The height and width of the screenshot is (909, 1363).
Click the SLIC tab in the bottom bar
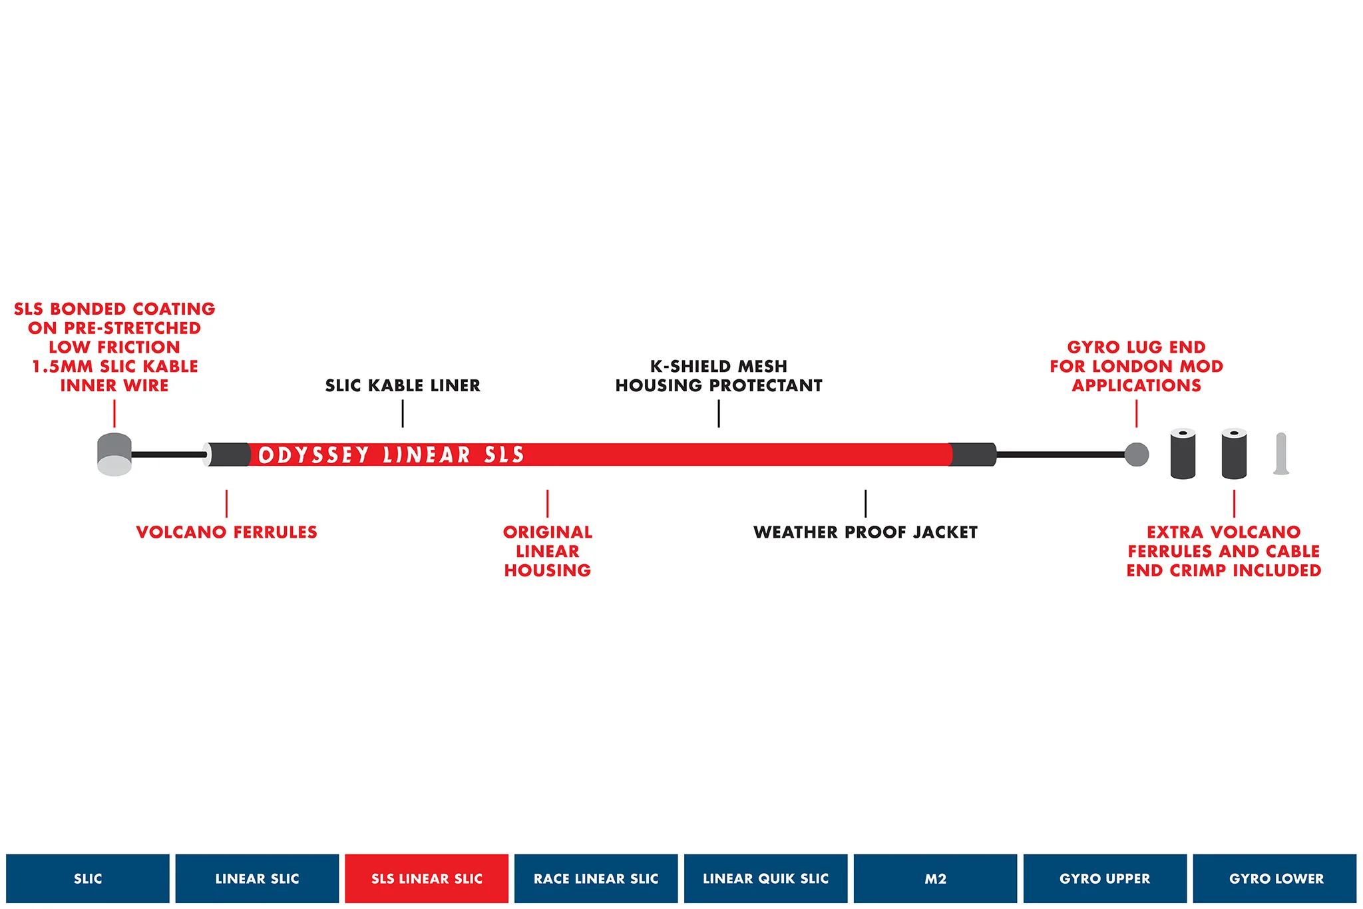point(88,878)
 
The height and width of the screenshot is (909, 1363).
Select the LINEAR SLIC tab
point(257,878)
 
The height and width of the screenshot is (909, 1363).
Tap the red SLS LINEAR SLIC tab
point(427,878)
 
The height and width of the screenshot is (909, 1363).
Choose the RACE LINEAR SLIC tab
point(596,878)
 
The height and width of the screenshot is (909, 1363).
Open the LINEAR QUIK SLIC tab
point(766,878)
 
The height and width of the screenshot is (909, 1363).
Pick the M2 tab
point(935,878)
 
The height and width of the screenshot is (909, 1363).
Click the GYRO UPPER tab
point(1105,878)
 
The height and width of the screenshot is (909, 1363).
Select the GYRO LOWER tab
point(1275,878)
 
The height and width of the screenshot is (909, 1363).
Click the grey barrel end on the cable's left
point(114,454)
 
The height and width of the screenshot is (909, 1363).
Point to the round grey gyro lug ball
point(1137,454)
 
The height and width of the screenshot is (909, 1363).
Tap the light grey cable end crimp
point(1281,454)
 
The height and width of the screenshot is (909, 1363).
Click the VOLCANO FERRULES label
point(227,532)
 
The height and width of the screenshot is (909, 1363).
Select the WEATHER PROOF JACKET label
point(865,532)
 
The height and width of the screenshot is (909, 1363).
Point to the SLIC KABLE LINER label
point(403,385)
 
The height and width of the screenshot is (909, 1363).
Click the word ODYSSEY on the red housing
point(313,455)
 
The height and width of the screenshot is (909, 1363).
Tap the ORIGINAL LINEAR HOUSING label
point(548,551)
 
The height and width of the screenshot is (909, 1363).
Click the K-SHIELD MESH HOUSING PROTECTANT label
point(719,376)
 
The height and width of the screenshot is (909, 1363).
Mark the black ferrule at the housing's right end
point(973,454)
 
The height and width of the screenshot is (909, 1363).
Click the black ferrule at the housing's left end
point(227,454)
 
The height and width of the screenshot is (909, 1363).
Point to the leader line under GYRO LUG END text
point(1137,414)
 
